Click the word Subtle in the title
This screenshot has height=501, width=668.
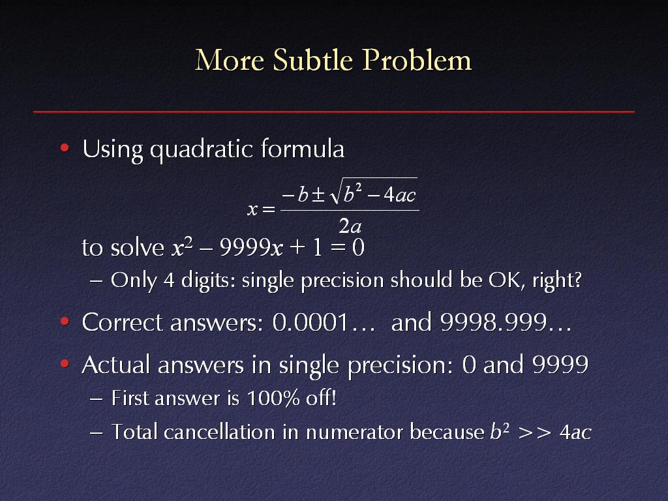[x=312, y=59]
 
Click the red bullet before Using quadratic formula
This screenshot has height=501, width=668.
[x=65, y=148]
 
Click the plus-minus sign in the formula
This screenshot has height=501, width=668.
[x=318, y=195]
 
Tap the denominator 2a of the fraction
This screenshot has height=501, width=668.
[x=350, y=226]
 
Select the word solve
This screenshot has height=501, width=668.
[x=137, y=247]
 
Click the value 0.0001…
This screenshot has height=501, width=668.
[x=324, y=322]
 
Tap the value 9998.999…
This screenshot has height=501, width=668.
[x=506, y=322]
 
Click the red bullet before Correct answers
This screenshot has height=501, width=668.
[x=65, y=321]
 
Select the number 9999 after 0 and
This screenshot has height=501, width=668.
[x=560, y=365]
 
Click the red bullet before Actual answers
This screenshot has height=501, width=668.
[x=65, y=364]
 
